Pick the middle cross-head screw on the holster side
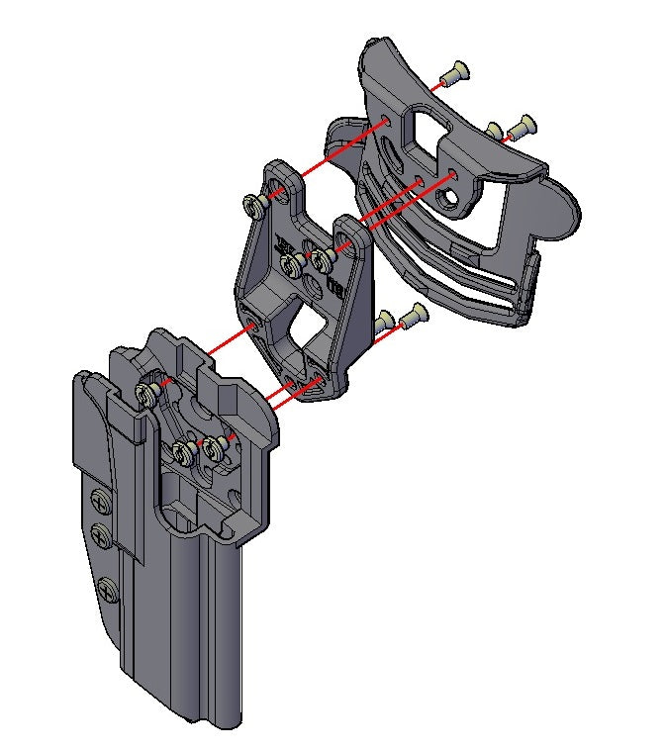coord(101,537)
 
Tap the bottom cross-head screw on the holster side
coord(107,591)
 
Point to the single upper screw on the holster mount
coord(147,394)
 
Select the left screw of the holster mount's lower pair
coord(183,453)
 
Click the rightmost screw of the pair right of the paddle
coord(522,126)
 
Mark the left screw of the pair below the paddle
coord(386,320)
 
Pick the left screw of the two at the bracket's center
coord(291,264)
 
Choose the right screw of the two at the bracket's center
coord(322,260)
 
